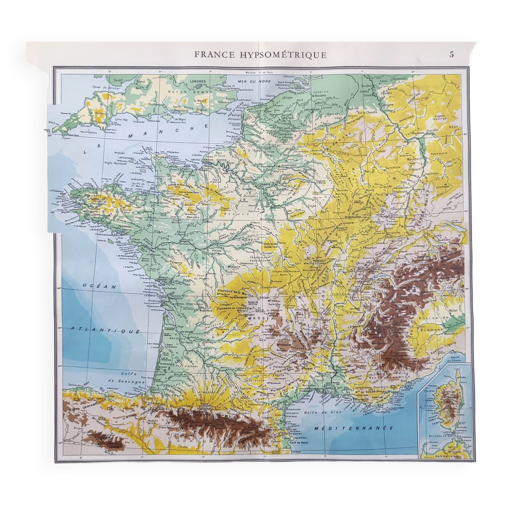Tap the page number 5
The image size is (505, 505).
tap(452, 54)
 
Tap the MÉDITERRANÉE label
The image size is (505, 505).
tap(354, 428)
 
